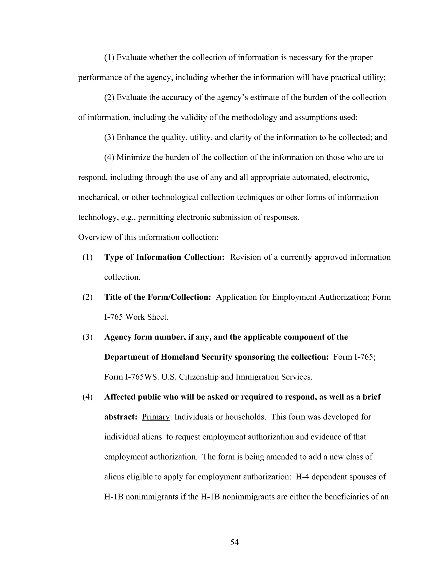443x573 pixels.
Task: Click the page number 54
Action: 234,542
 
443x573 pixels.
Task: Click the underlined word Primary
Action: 156,417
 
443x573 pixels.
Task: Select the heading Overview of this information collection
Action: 147,237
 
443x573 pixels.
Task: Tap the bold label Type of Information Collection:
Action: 164,257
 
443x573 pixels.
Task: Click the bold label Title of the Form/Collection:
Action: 157,297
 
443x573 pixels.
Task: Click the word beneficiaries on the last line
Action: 351,497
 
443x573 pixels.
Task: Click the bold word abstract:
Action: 121,417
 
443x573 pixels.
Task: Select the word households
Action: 246,417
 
